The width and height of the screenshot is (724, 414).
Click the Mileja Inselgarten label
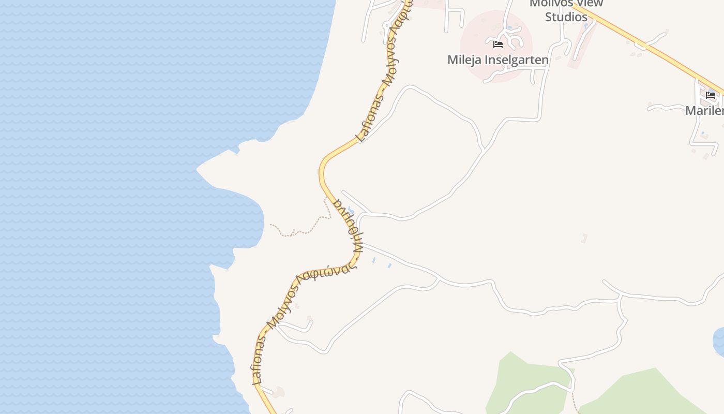point(497,60)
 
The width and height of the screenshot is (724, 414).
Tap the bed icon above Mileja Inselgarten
point(498,45)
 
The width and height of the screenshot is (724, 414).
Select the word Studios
point(566,17)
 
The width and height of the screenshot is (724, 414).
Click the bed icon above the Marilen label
point(711,95)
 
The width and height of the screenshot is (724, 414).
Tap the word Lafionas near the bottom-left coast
point(260,359)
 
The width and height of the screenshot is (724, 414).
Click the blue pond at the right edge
point(719,342)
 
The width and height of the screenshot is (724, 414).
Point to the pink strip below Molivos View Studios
point(582,47)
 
